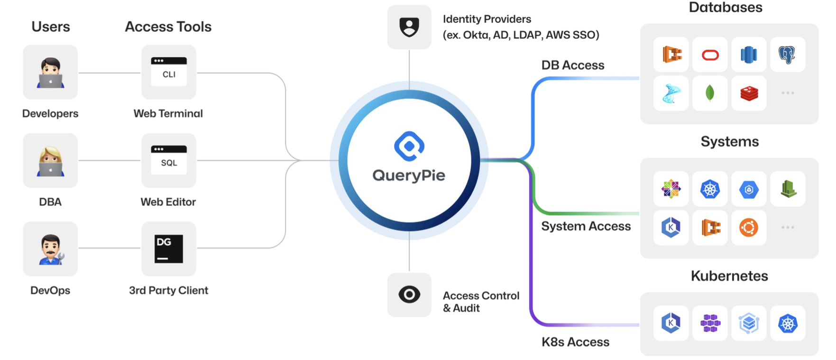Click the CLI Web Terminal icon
coord(168,72)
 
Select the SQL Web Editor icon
coord(168,160)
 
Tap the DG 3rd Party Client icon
coord(168,249)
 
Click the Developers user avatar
coord(50,72)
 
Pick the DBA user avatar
coord(50,160)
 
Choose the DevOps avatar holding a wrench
coord(50,249)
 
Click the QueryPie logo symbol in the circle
coord(409,146)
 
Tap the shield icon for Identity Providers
coord(409,27)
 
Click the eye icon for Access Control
coord(409,295)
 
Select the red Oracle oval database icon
coord(710,55)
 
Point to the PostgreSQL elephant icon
coord(787,55)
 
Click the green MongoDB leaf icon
coord(710,93)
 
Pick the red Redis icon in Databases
coord(749,93)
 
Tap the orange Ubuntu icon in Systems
coord(749,228)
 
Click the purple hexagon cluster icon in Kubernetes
coord(710,323)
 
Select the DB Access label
coord(572,65)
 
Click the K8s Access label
coord(575,342)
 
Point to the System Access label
coord(586,226)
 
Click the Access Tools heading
coord(168,27)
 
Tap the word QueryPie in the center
coord(409,175)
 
